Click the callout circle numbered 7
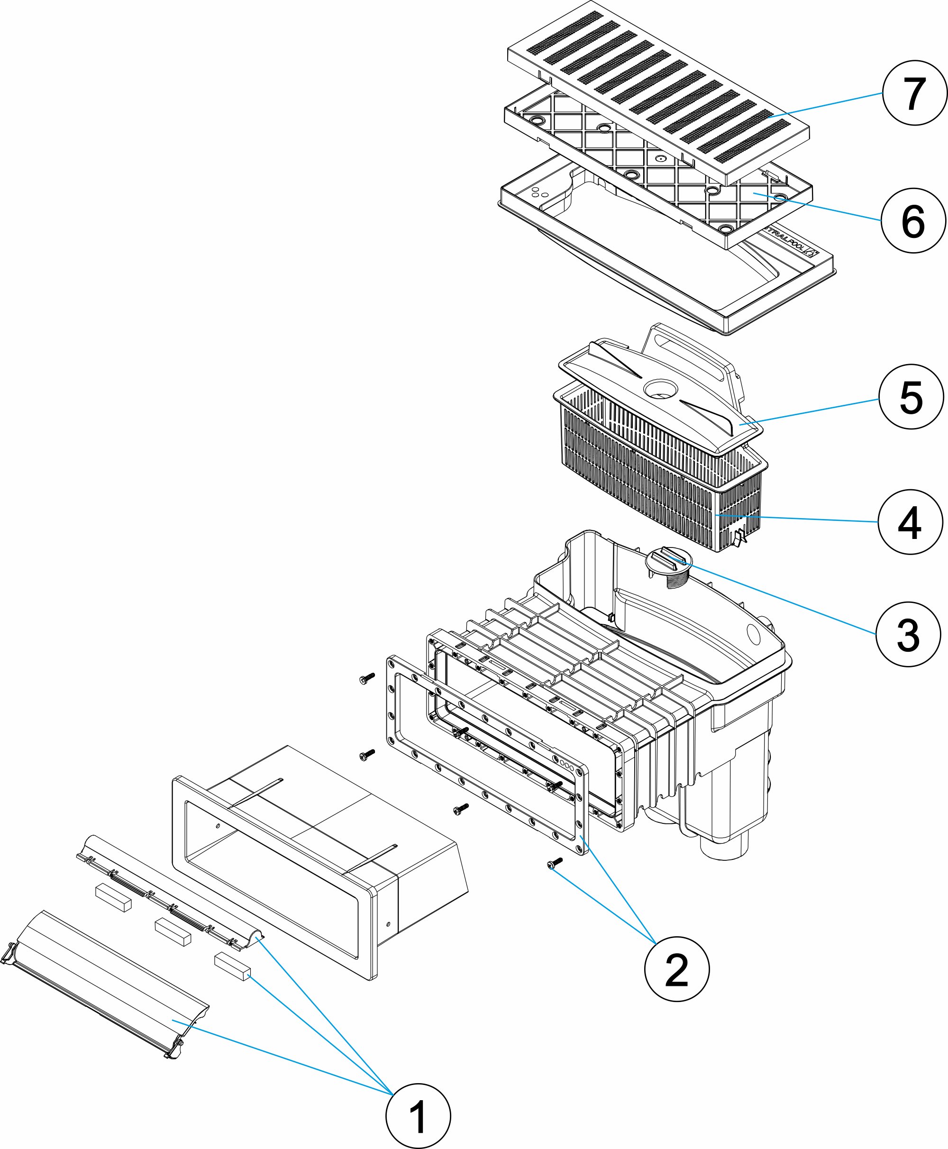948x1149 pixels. point(914,93)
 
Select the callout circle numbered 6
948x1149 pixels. point(913,220)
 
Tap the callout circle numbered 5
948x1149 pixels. point(911,397)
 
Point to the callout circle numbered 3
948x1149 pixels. point(908,635)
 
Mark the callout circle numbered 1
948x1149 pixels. point(418,1116)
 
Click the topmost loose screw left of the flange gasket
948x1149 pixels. point(366,679)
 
